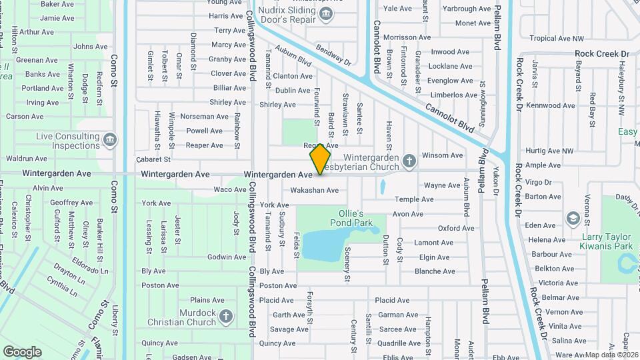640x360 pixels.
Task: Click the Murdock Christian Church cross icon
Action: coord(226,315)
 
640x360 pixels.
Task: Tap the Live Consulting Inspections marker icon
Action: coord(111,140)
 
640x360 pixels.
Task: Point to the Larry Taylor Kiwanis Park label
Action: coord(608,241)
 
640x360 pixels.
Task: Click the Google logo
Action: coord(23,351)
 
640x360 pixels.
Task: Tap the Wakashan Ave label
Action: coord(314,190)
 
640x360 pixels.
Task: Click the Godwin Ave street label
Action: coord(227,257)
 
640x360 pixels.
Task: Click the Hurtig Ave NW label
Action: coord(549,151)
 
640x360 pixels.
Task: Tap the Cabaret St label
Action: coord(153,159)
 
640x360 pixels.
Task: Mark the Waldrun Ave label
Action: coord(27,159)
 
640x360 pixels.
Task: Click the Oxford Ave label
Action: coord(456,228)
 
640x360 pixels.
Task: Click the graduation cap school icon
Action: coord(572,218)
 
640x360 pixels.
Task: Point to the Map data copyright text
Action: coord(611,355)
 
